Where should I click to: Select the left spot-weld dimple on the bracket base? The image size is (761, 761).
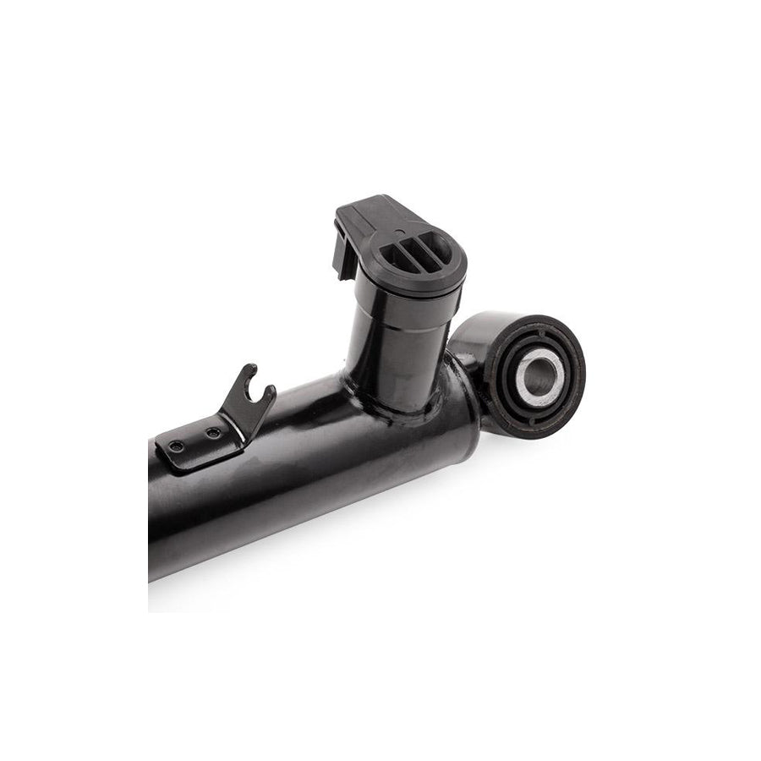pos(177,446)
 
